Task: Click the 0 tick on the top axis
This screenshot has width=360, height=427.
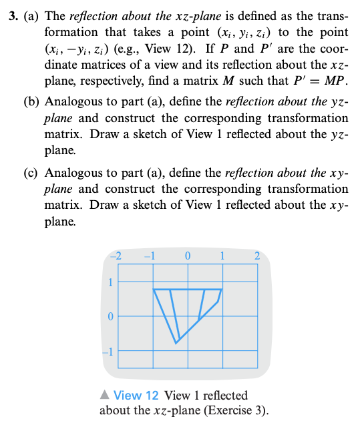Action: click(188, 256)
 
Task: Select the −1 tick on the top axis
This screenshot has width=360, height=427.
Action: click(152, 256)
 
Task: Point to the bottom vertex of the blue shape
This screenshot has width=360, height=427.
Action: click(176, 343)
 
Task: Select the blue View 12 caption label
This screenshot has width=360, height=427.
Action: click(136, 396)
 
